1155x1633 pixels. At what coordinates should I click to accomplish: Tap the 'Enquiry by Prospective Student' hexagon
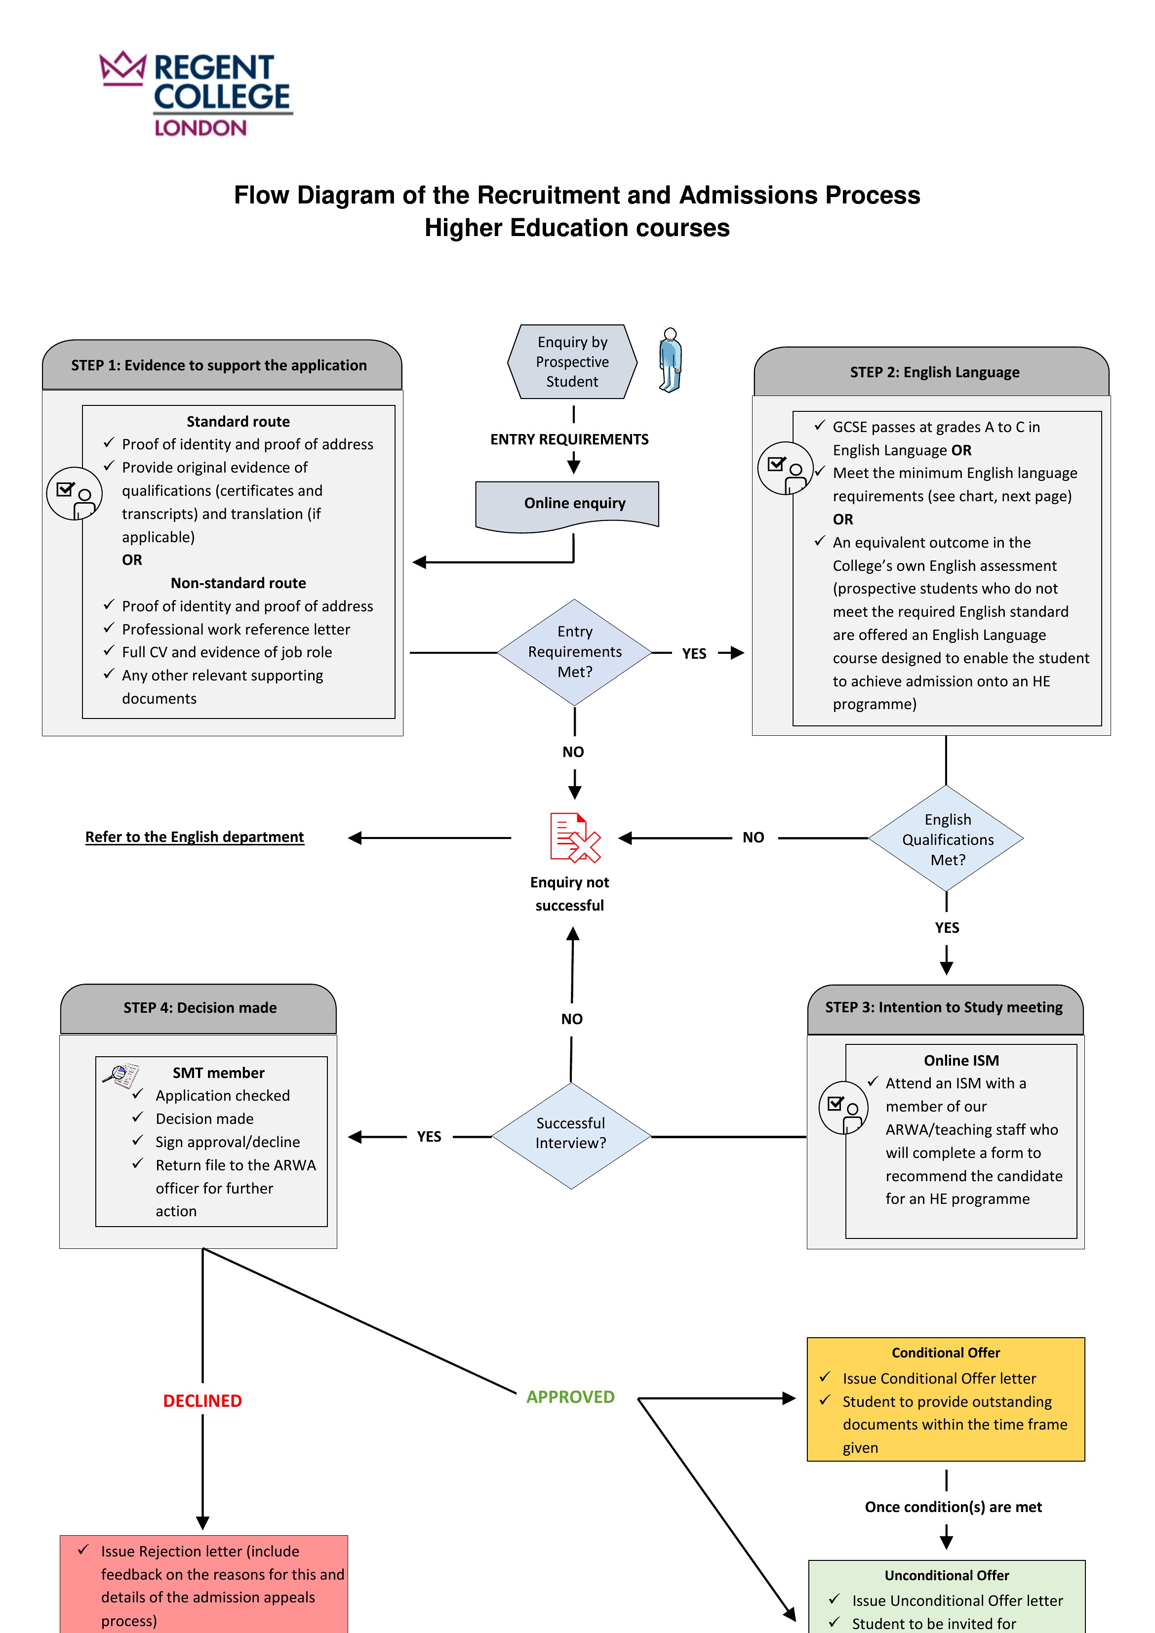(572, 361)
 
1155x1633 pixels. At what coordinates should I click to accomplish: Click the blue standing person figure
(670, 360)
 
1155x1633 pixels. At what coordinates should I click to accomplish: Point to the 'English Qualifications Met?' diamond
(947, 838)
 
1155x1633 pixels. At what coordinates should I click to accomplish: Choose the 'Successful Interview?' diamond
(571, 1135)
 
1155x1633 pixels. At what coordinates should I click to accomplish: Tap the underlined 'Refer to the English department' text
(195, 837)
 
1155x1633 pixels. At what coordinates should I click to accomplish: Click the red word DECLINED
(202, 1400)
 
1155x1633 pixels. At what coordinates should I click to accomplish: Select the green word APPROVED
(570, 1397)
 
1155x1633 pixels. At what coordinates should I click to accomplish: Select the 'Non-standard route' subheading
(238, 583)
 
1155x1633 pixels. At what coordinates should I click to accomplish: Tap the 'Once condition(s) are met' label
(953, 1507)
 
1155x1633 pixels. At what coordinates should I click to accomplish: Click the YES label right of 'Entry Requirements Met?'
(694, 654)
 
